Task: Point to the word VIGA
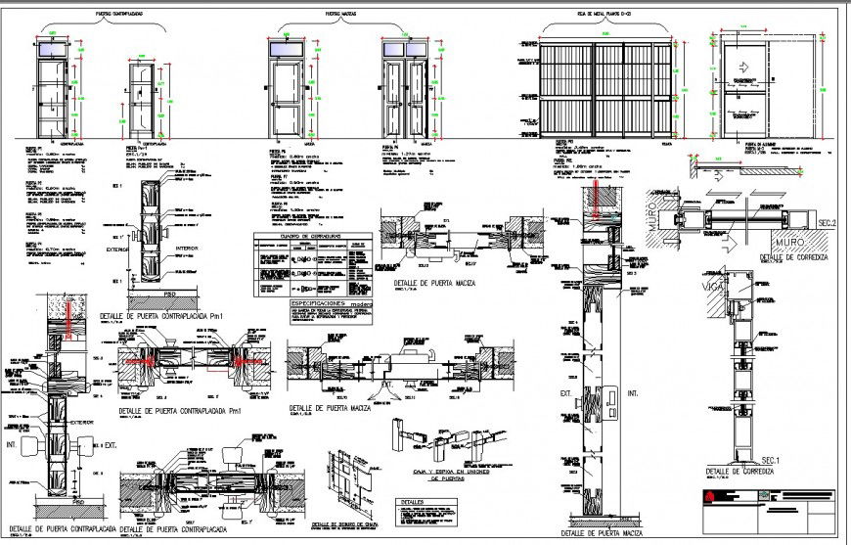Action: click(x=713, y=288)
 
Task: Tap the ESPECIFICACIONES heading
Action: click(x=319, y=303)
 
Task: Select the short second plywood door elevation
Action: click(x=142, y=98)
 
